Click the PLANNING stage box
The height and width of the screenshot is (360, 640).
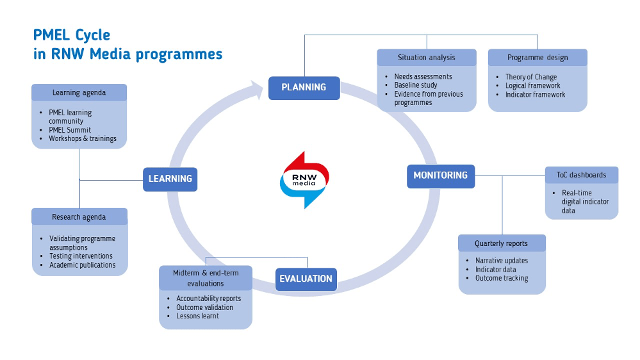point(304,88)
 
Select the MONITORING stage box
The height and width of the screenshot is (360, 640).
point(441,176)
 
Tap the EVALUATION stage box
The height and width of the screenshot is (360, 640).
point(306,279)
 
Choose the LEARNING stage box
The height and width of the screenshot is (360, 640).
point(170,179)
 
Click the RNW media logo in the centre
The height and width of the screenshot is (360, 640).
point(304,179)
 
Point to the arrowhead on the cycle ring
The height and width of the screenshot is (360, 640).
point(257,89)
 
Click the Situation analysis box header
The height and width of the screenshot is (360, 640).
point(427,58)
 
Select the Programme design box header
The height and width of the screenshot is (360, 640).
point(537,58)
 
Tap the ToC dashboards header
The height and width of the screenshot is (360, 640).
point(582,175)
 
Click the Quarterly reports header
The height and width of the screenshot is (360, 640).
point(502,243)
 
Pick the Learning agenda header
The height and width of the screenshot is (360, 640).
point(79,93)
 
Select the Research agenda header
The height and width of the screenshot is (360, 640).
point(79,217)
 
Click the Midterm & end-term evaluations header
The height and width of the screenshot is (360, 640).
point(206,278)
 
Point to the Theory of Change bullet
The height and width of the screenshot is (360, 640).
point(531,77)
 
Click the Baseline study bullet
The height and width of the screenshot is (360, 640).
point(416,85)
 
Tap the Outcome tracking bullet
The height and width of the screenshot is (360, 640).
point(502,278)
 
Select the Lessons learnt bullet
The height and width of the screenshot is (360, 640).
point(197,316)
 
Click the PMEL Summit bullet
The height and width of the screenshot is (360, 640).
point(70,130)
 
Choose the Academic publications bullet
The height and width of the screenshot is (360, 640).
point(83,265)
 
